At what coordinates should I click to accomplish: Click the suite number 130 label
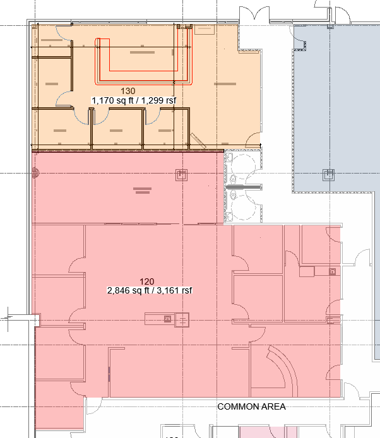tap(128, 91)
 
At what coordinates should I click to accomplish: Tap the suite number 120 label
tap(146, 281)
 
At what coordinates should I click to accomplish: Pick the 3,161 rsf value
tap(174, 290)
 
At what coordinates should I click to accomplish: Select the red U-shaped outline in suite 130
tap(144, 81)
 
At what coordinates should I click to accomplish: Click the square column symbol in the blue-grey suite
tap(329, 175)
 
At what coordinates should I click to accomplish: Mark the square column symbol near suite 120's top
tap(181, 175)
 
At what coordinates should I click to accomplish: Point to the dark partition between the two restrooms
tap(244, 187)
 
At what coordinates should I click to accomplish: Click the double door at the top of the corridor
tap(254, 13)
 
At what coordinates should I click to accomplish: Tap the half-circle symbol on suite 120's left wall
tap(35, 173)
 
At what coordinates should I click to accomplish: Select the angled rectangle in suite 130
tap(198, 141)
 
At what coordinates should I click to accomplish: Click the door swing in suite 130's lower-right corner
tap(253, 139)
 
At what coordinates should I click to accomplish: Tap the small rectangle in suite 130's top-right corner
tap(205, 29)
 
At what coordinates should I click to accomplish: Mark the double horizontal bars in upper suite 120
tap(143, 191)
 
